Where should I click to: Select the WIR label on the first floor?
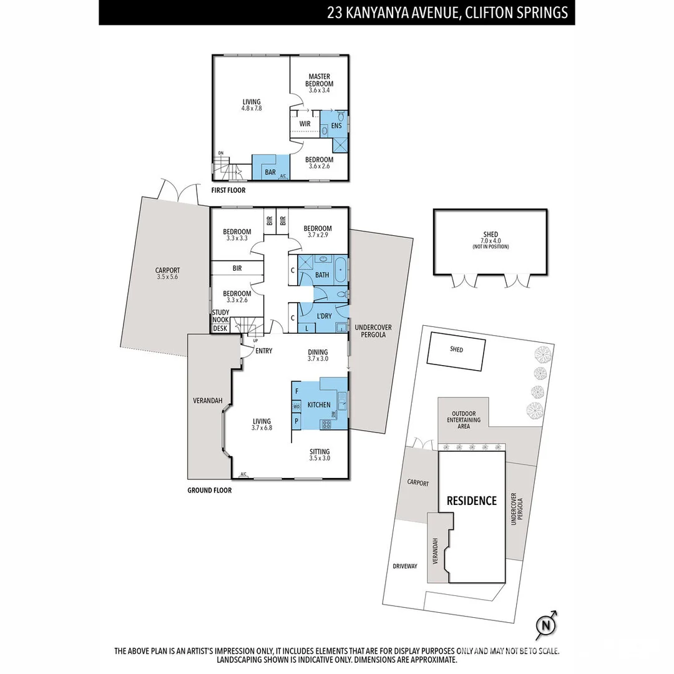click(x=305, y=124)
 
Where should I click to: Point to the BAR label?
click(x=270, y=172)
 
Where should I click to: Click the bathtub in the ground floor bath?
click(x=340, y=270)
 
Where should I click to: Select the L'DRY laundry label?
click(x=324, y=316)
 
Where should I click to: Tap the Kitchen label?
click(x=319, y=405)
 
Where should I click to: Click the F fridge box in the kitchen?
click(x=296, y=391)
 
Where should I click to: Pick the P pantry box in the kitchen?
click(x=296, y=421)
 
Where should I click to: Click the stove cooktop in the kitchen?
click(x=325, y=424)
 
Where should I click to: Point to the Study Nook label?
click(x=221, y=316)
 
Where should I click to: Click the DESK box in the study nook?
click(x=220, y=328)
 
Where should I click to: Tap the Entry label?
click(x=264, y=351)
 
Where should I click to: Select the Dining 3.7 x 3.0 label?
click(x=318, y=356)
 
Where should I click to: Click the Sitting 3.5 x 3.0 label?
click(x=320, y=455)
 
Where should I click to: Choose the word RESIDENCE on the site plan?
click(x=471, y=501)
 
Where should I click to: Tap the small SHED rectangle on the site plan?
click(x=456, y=353)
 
